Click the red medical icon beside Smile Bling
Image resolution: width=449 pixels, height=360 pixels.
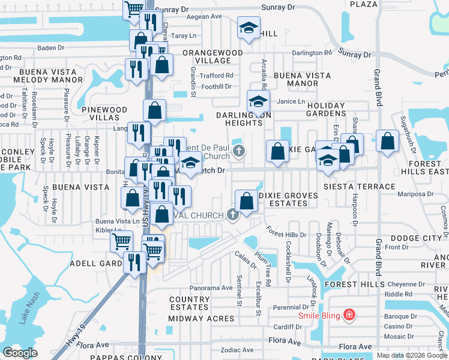(348, 315)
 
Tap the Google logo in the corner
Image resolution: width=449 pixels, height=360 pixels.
(20, 353)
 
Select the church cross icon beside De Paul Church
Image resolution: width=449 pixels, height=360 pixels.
(239, 150)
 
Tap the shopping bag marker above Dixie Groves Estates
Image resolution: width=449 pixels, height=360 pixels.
(246, 201)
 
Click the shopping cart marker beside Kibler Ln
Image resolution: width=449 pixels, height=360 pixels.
(122, 242)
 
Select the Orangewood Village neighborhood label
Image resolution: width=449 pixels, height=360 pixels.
(212, 56)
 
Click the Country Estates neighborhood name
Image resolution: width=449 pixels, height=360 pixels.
(189, 303)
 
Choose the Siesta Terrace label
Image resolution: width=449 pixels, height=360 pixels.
(360, 187)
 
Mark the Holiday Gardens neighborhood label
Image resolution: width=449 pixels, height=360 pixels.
(326, 109)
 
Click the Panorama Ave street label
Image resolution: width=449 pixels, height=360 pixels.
(211, 288)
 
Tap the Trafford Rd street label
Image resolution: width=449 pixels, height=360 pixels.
(217, 76)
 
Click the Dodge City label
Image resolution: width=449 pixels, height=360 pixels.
(415, 238)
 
